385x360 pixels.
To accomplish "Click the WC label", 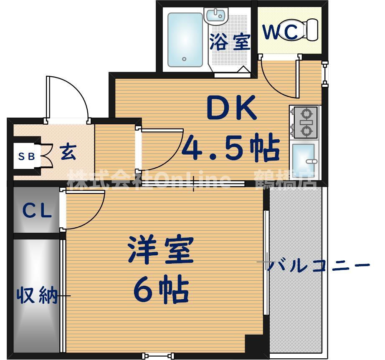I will (x=280, y=31).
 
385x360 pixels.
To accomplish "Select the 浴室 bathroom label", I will (x=230, y=42).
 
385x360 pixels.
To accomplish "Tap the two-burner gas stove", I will (x=305, y=122).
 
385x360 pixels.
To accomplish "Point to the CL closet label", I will (x=37, y=211).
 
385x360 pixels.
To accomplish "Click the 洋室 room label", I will (x=160, y=250).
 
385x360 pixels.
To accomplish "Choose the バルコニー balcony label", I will (x=318, y=265).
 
